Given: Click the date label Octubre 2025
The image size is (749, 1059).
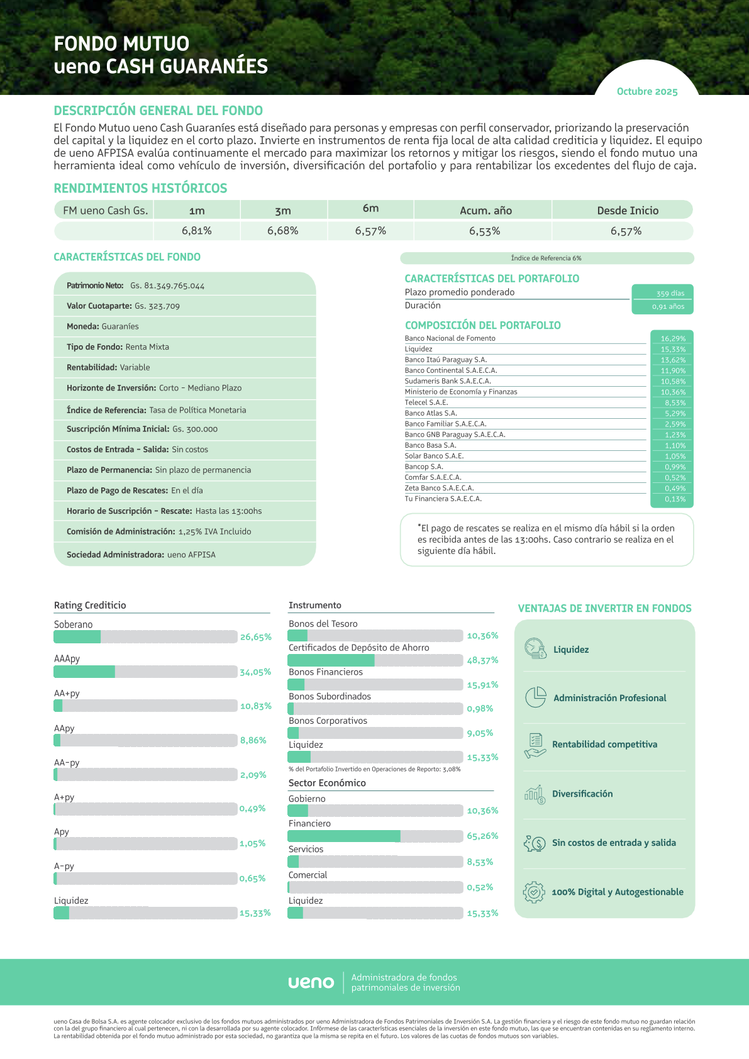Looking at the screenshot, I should coord(647,92).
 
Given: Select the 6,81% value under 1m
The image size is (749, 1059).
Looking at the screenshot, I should coord(197,231).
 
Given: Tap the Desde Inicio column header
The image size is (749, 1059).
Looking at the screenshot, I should coord(628,211).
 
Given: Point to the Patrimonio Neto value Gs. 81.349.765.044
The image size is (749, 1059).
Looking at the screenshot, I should coord(167,286).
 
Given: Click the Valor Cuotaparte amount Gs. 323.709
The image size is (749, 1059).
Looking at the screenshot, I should coord(157,306).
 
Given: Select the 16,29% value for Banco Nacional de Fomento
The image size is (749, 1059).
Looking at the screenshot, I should coord(672,338).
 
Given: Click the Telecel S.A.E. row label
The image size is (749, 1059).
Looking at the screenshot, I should coord(426,402).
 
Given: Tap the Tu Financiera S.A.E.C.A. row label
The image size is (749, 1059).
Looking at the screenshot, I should coord(443,499).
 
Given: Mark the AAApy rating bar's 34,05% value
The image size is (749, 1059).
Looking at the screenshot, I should coord(255,672).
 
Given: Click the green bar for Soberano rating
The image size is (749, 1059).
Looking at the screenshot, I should coord(77,637).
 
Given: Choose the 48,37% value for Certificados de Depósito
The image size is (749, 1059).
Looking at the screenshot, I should coord(482,660).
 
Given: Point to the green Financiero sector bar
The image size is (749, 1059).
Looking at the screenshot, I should coord(344,836).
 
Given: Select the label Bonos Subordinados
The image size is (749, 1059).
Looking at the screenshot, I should coord(330,696).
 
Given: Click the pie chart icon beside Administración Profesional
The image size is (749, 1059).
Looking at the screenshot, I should coord(535,697).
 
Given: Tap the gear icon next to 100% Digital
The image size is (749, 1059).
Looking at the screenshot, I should coord(534,892).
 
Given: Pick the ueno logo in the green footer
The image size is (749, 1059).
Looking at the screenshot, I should coord(311,982).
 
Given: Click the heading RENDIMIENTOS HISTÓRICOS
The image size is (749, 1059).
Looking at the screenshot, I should coord(140,189).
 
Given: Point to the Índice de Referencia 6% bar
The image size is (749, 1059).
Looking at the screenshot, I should coord(546,258).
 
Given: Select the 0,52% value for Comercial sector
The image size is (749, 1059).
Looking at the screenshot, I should coord(480,887).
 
